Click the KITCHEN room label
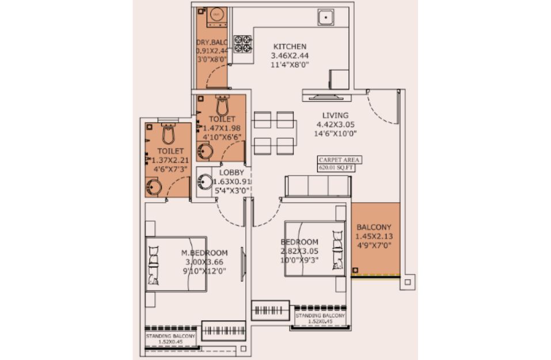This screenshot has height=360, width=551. [290, 47]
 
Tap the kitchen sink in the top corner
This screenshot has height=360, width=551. [326, 17]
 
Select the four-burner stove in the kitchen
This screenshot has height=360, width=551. [243, 44]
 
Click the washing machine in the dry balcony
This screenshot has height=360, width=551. [216, 17]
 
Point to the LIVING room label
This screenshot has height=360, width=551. [336, 115]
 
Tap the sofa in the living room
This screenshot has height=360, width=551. [318, 186]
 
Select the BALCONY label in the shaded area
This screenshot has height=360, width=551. [374, 227]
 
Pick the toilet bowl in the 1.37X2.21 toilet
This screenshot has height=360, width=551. [169, 134]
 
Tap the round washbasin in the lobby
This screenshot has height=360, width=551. [204, 182]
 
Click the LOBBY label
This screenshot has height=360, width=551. [231, 173]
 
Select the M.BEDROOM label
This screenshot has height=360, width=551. [204, 253]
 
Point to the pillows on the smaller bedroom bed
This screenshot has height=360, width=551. [337, 250]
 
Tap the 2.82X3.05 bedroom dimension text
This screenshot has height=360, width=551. [299, 251]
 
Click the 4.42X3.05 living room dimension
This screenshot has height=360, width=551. [336, 124]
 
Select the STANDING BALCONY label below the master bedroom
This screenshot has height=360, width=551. [170, 336]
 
